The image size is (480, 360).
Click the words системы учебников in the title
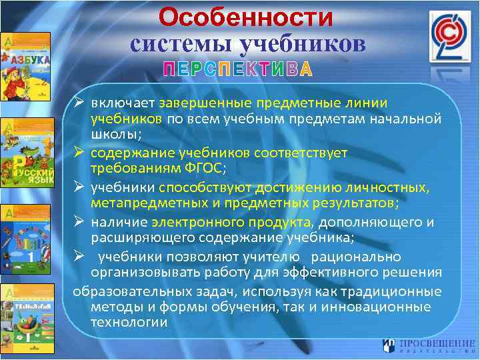tap(248, 43)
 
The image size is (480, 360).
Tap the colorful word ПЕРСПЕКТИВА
tap(238, 70)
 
